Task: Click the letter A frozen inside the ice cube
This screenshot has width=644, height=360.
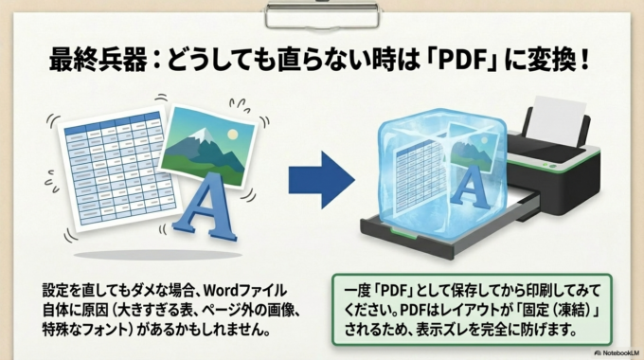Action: tap(470, 189)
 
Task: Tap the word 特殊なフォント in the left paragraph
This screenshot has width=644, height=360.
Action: tap(85, 332)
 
